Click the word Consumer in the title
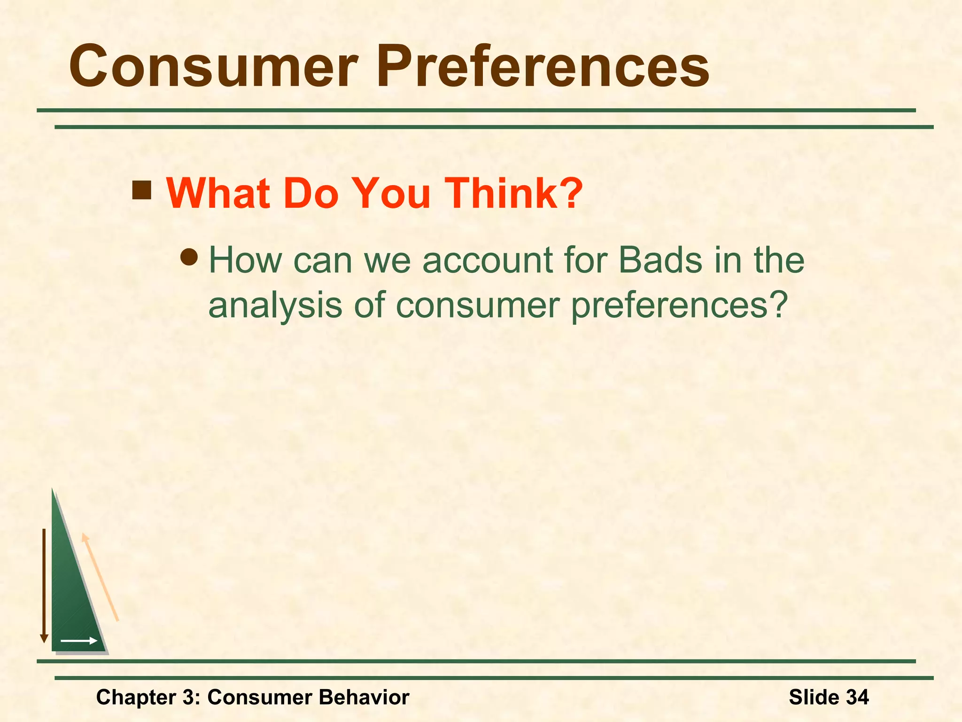[x=214, y=67]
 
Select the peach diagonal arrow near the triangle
[x=100, y=577]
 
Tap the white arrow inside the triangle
[x=78, y=641]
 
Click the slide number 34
[x=857, y=697]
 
